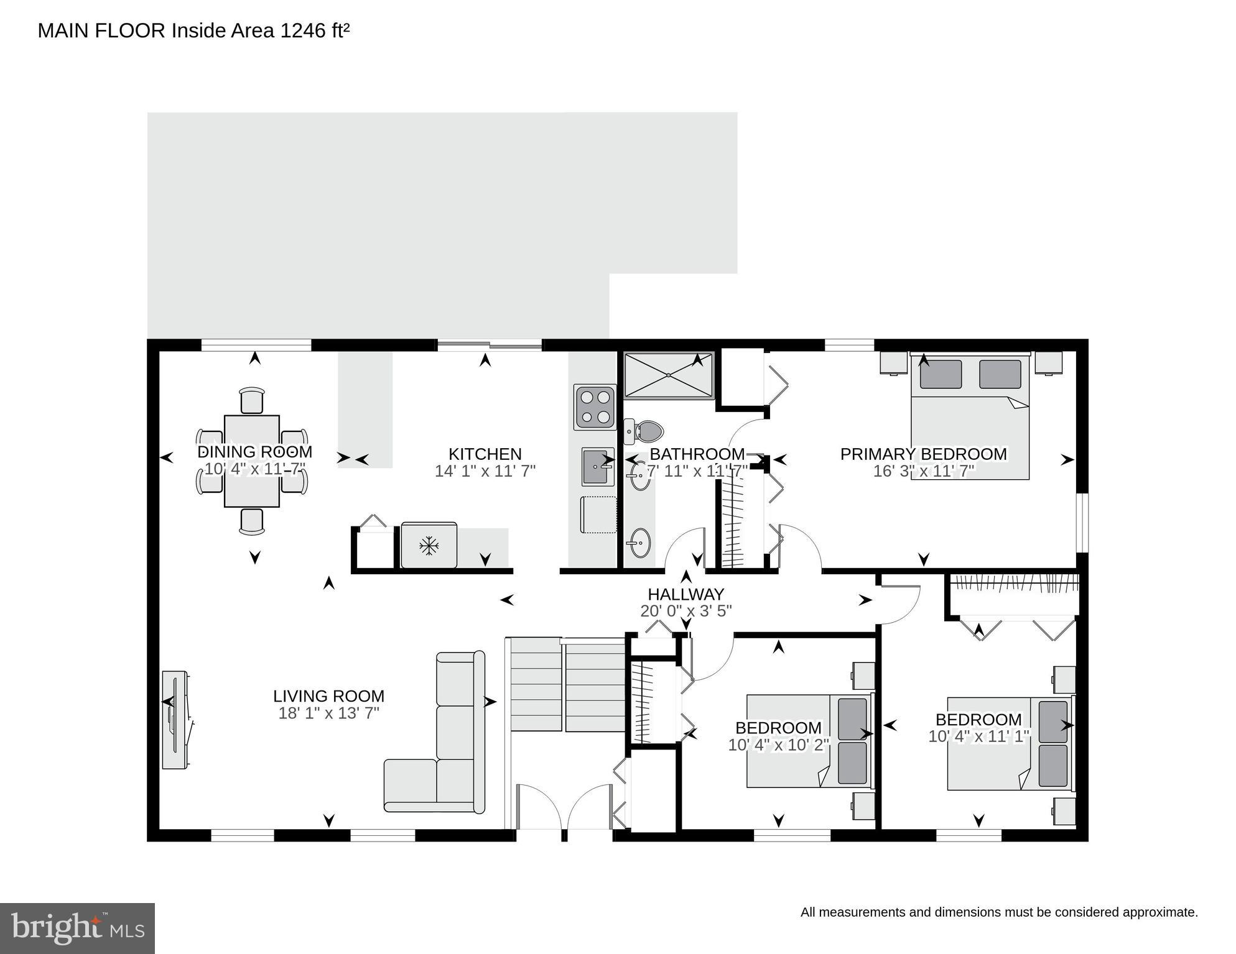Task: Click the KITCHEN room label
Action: pyautogui.click(x=485, y=454)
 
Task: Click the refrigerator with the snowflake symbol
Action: pyautogui.click(x=429, y=546)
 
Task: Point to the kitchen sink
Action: pyautogui.click(x=598, y=467)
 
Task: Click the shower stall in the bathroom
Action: pyautogui.click(x=669, y=375)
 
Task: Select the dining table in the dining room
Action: pyautogui.click(x=251, y=461)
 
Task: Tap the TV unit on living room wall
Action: pyautogui.click(x=175, y=720)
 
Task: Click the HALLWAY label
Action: pyautogui.click(x=685, y=594)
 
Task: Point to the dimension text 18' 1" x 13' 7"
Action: pyautogui.click(x=328, y=713)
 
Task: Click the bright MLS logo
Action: pyautogui.click(x=77, y=929)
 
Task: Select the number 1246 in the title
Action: pyautogui.click(x=303, y=30)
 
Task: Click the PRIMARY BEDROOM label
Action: pyautogui.click(x=923, y=454)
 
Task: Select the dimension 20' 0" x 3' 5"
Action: pyautogui.click(x=685, y=611)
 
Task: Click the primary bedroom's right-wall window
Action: pyautogui.click(x=1083, y=523)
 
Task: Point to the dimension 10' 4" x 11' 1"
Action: pyautogui.click(x=978, y=736)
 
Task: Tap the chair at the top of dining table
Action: pyautogui.click(x=251, y=400)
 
